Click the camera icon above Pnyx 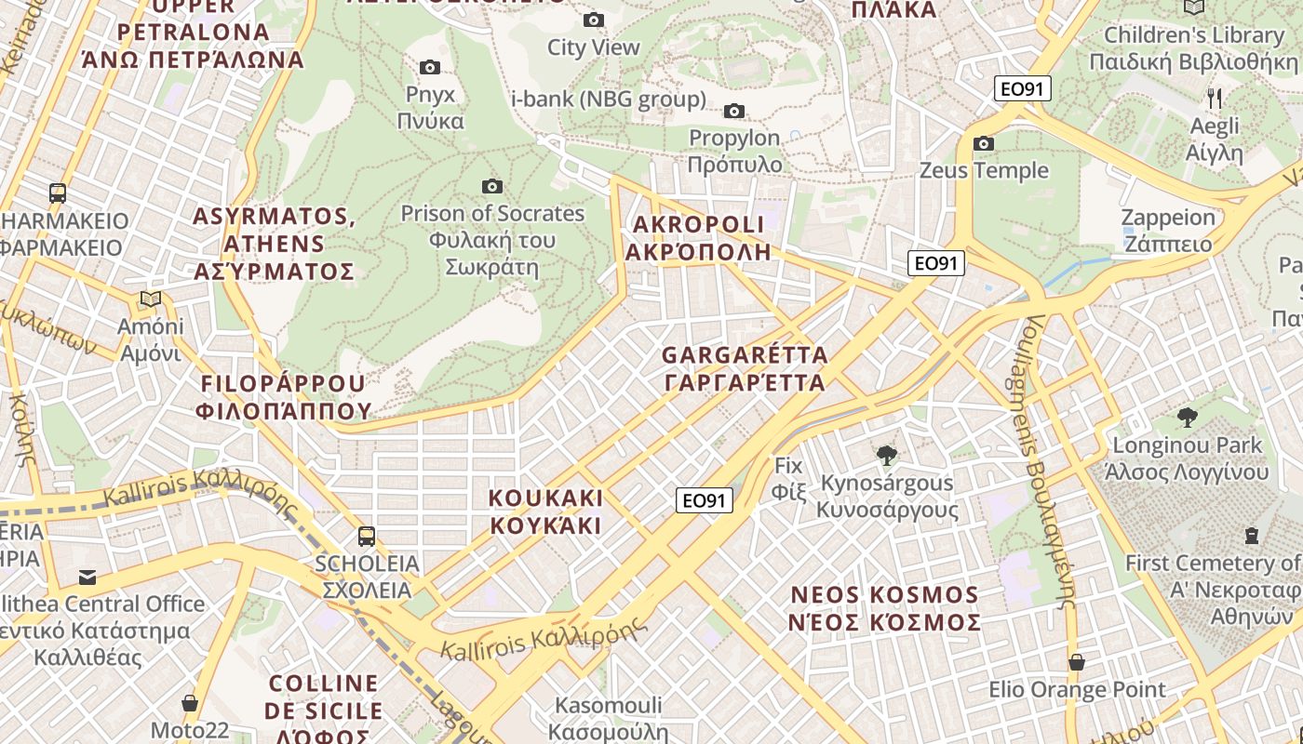point(429,67)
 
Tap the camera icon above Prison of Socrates point(492,187)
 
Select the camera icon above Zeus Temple point(984,143)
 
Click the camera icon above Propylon point(734,112)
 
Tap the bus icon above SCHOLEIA point(367,536)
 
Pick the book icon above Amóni point(150,299)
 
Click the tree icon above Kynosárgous point(887,456)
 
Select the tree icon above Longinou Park point(1187,417)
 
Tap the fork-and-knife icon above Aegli point(1215,98)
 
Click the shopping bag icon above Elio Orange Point point(1077,662)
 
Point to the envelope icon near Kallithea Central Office point(87,578)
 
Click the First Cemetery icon point(1252,536)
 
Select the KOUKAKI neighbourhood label point(545,511)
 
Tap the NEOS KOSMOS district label point(884,608)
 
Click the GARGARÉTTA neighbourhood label point(745,368)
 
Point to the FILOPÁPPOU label point(284,397)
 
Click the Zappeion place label point(1169,231)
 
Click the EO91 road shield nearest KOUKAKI point(705,501)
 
